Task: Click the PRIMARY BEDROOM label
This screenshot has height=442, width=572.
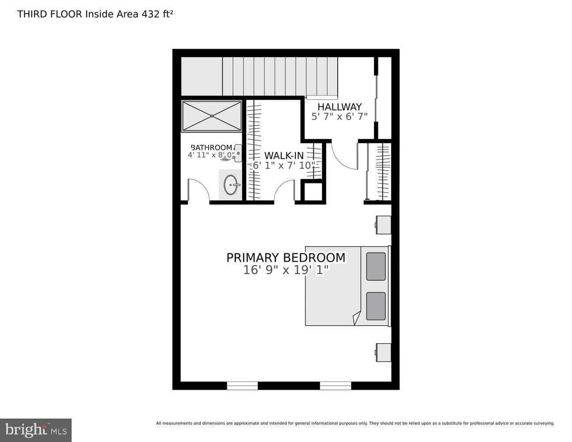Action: [286, 258]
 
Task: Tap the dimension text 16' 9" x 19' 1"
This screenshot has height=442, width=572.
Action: [286, 270]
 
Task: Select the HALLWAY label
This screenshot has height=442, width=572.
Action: [339, 107]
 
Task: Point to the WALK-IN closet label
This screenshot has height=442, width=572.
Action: [284, 156]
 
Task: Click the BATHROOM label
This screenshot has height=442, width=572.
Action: [211, 147]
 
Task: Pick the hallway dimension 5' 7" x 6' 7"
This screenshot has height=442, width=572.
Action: [339, 116]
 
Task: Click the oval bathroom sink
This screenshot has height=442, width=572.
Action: [231, 185]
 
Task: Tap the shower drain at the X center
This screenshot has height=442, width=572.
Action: [212, 116]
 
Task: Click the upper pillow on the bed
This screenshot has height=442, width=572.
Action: [376, 267]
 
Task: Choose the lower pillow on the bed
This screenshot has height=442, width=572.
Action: [376, 306]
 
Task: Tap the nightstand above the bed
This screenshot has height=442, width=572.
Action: [383, 225]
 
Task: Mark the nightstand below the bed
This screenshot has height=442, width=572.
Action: [383, 352]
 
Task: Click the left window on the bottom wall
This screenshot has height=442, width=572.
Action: [242, 386]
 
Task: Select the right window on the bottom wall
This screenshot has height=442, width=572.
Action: [336, 386]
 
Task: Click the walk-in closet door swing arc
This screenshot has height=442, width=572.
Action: [280, 186]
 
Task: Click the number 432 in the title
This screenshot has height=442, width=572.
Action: [151, 14]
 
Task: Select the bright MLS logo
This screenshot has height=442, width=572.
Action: [36, 430]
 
